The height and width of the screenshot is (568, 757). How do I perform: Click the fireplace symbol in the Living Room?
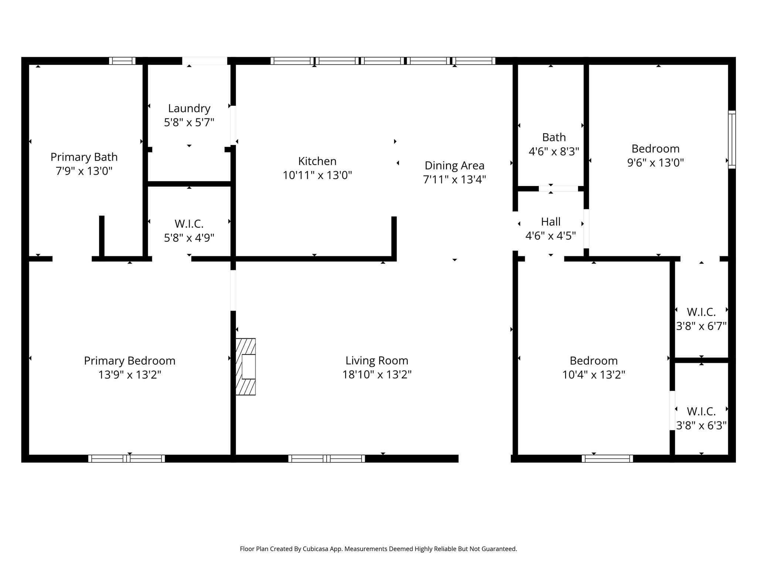[246, 366]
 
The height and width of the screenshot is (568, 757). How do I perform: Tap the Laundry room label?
[189, 108]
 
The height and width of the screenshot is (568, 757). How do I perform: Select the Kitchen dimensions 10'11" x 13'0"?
[317, 175]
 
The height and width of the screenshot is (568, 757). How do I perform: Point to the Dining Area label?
[454, 165]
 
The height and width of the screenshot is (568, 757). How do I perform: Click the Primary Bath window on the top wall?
[122, 61]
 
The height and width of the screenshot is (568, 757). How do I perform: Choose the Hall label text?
[550, 222]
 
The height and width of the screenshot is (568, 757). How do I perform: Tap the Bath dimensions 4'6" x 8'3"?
[554, 151]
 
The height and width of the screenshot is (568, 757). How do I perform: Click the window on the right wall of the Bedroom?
[731, 140]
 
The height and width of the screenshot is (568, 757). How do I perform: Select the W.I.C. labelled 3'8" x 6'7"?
[701, 319]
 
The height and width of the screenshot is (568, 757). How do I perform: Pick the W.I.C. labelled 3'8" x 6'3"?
[701, 418]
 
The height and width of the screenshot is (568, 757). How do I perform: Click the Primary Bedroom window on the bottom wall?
[126, 459]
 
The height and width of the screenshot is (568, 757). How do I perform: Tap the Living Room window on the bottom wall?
[326, 459]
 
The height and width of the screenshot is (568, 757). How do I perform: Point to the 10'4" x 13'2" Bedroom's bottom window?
[607, 459]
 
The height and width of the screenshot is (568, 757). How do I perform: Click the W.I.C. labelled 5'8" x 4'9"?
[189, 230]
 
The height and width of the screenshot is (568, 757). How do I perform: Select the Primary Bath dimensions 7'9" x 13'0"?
[84, 171]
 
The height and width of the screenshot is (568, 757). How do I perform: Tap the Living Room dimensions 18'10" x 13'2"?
[377, 374]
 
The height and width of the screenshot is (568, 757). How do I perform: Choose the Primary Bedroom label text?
[129, 361]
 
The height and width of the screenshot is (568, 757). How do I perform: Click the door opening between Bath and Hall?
[558, 189]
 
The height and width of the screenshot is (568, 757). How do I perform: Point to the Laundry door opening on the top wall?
[204, 61]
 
